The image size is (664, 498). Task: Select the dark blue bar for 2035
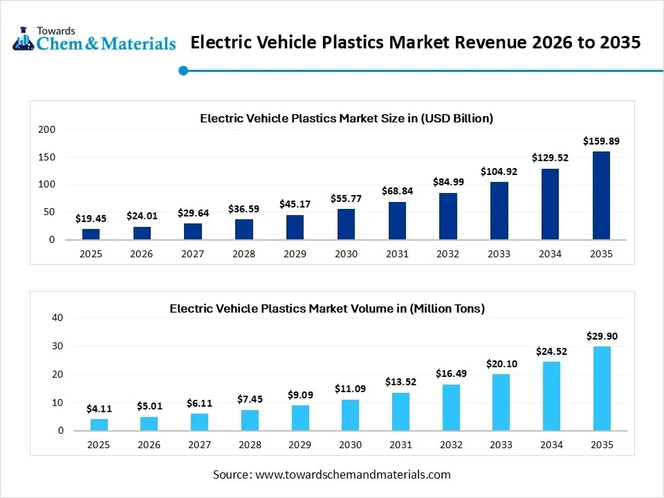click(601, 196)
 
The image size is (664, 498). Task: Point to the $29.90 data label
click(602, 336)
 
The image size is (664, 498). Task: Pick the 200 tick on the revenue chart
click(47, 130)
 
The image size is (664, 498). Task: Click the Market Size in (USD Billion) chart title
click(346, 118)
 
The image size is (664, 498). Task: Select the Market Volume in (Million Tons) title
click(327, 308)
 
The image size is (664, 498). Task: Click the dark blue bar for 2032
click(448, 216)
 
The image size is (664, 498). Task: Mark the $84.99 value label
click(448, 182)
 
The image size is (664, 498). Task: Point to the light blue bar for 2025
click(99, 425)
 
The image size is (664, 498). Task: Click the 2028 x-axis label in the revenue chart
click(243, 254)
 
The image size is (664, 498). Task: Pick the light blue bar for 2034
click(551, 396)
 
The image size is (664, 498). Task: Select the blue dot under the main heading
click(183, 70)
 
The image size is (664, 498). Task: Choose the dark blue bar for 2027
click(192, 232)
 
